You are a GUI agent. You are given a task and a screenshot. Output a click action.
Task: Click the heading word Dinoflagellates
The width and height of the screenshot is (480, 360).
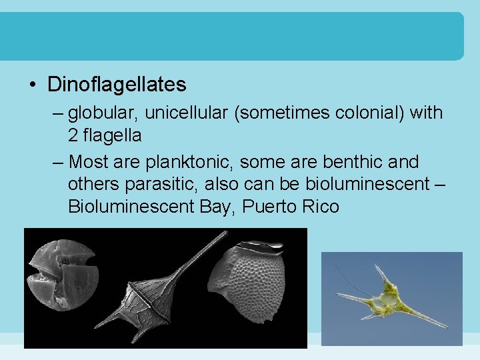click(117, 85)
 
